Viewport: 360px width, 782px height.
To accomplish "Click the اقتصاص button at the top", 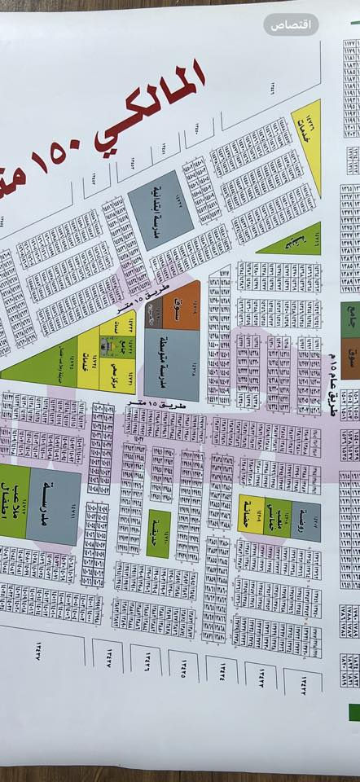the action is click(x=291, y=24).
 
